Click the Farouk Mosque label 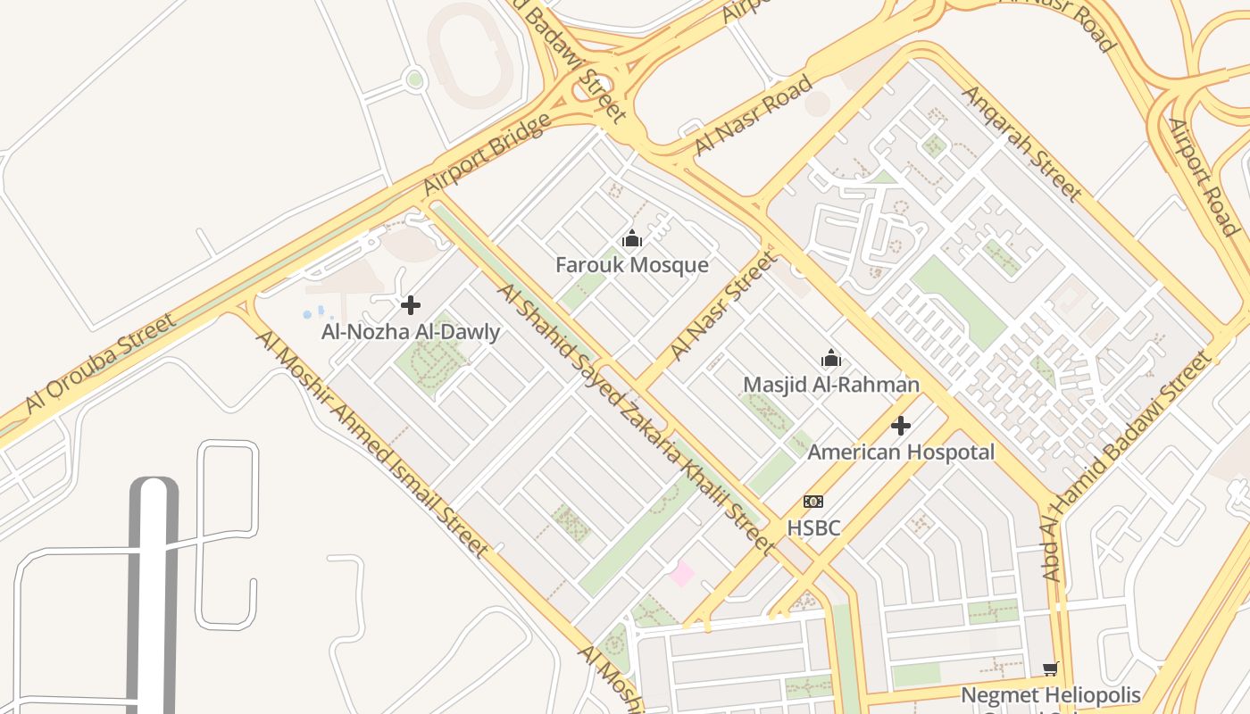coord(631,265)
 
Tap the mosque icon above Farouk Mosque coord(632,238)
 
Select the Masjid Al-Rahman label coord(831,385)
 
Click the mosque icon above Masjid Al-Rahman coord(831,358)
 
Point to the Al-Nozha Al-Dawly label coord(411,332)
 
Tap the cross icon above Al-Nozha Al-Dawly coord(411,305)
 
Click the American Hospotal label coord(901,452)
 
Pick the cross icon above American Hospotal coord(901,425)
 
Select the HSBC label coord(813,528)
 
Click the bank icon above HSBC coord(813,502)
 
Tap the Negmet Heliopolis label coord(1051,694)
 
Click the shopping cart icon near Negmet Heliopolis coord(1051,668)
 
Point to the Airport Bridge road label coord(487,154)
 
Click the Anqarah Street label coord(1021,143)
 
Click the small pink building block coord(682,574)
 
